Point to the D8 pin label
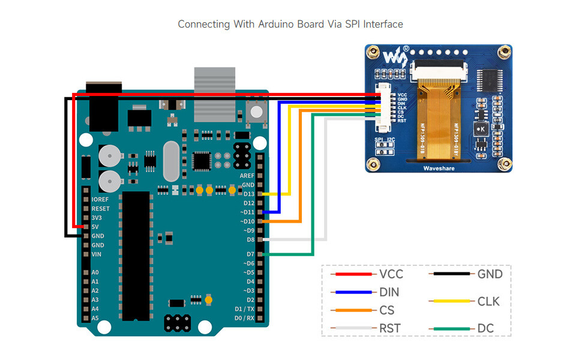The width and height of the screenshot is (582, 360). click(250, 239)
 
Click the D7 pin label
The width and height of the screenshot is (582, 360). click(250, 254)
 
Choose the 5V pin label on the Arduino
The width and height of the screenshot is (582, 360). click(95, 227)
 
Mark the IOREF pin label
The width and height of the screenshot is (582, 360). click(101, 199)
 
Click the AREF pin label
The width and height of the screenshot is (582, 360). click(247, 176)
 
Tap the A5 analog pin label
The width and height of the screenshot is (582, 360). click(95, 318)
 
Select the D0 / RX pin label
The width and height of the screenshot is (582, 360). click(244, 318)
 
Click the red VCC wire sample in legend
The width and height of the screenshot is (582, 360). click(352, 274)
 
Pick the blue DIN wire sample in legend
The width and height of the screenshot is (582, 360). click(352, 292)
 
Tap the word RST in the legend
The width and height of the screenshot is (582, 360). click(389, 328)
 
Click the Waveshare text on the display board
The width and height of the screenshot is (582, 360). click(439, 169)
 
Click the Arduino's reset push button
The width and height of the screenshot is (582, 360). click(257, 112)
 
